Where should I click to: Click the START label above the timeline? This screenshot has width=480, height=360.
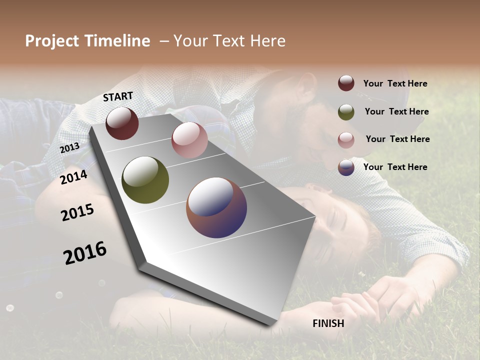click(118, 96)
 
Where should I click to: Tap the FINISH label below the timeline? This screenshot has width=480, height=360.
click(328, 323)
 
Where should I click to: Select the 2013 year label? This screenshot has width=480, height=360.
click(69, 147)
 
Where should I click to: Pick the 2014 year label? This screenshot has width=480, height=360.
click(73, 177)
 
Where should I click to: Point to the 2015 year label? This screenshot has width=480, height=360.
click(77, 212)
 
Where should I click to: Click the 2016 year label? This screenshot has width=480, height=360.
click(85, 253)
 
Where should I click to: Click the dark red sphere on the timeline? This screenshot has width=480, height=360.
click(122, 123)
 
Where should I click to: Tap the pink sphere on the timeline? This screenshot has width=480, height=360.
click(189, 140)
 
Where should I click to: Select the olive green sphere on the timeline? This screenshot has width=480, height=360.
click(145, 180)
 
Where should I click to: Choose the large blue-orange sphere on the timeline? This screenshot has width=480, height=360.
click(216, 207)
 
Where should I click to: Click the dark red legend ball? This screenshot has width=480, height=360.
click(346, 83)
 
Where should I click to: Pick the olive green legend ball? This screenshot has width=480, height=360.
click(346, 112)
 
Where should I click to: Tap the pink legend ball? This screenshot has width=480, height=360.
click(346, 140)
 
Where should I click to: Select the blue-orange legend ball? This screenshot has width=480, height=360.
click(346, 167)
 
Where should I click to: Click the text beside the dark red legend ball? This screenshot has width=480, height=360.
click(395, 83)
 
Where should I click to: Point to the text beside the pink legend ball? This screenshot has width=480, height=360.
click(397, 139)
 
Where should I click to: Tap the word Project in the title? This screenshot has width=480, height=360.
click(52, 41)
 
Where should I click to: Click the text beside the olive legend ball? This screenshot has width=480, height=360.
click(396, 111)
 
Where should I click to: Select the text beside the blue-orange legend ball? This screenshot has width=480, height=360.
click(395, 167)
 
